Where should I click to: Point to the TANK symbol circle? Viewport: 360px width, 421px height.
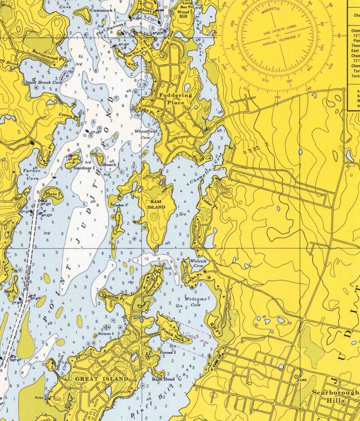297,376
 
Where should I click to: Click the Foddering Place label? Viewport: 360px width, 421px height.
175,99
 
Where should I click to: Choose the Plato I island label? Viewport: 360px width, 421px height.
53,194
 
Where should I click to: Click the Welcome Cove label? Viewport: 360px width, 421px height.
195,302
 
